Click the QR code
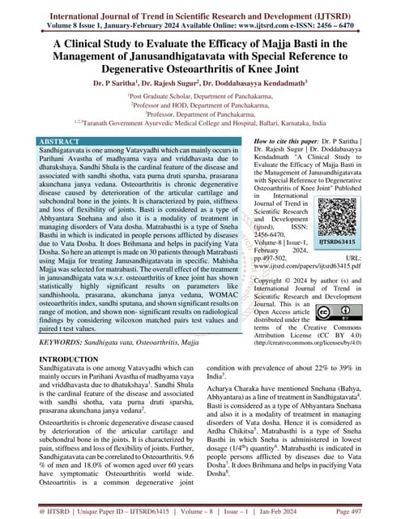click(x=341, y=209)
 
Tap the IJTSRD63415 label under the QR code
click(x=340, y=241)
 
